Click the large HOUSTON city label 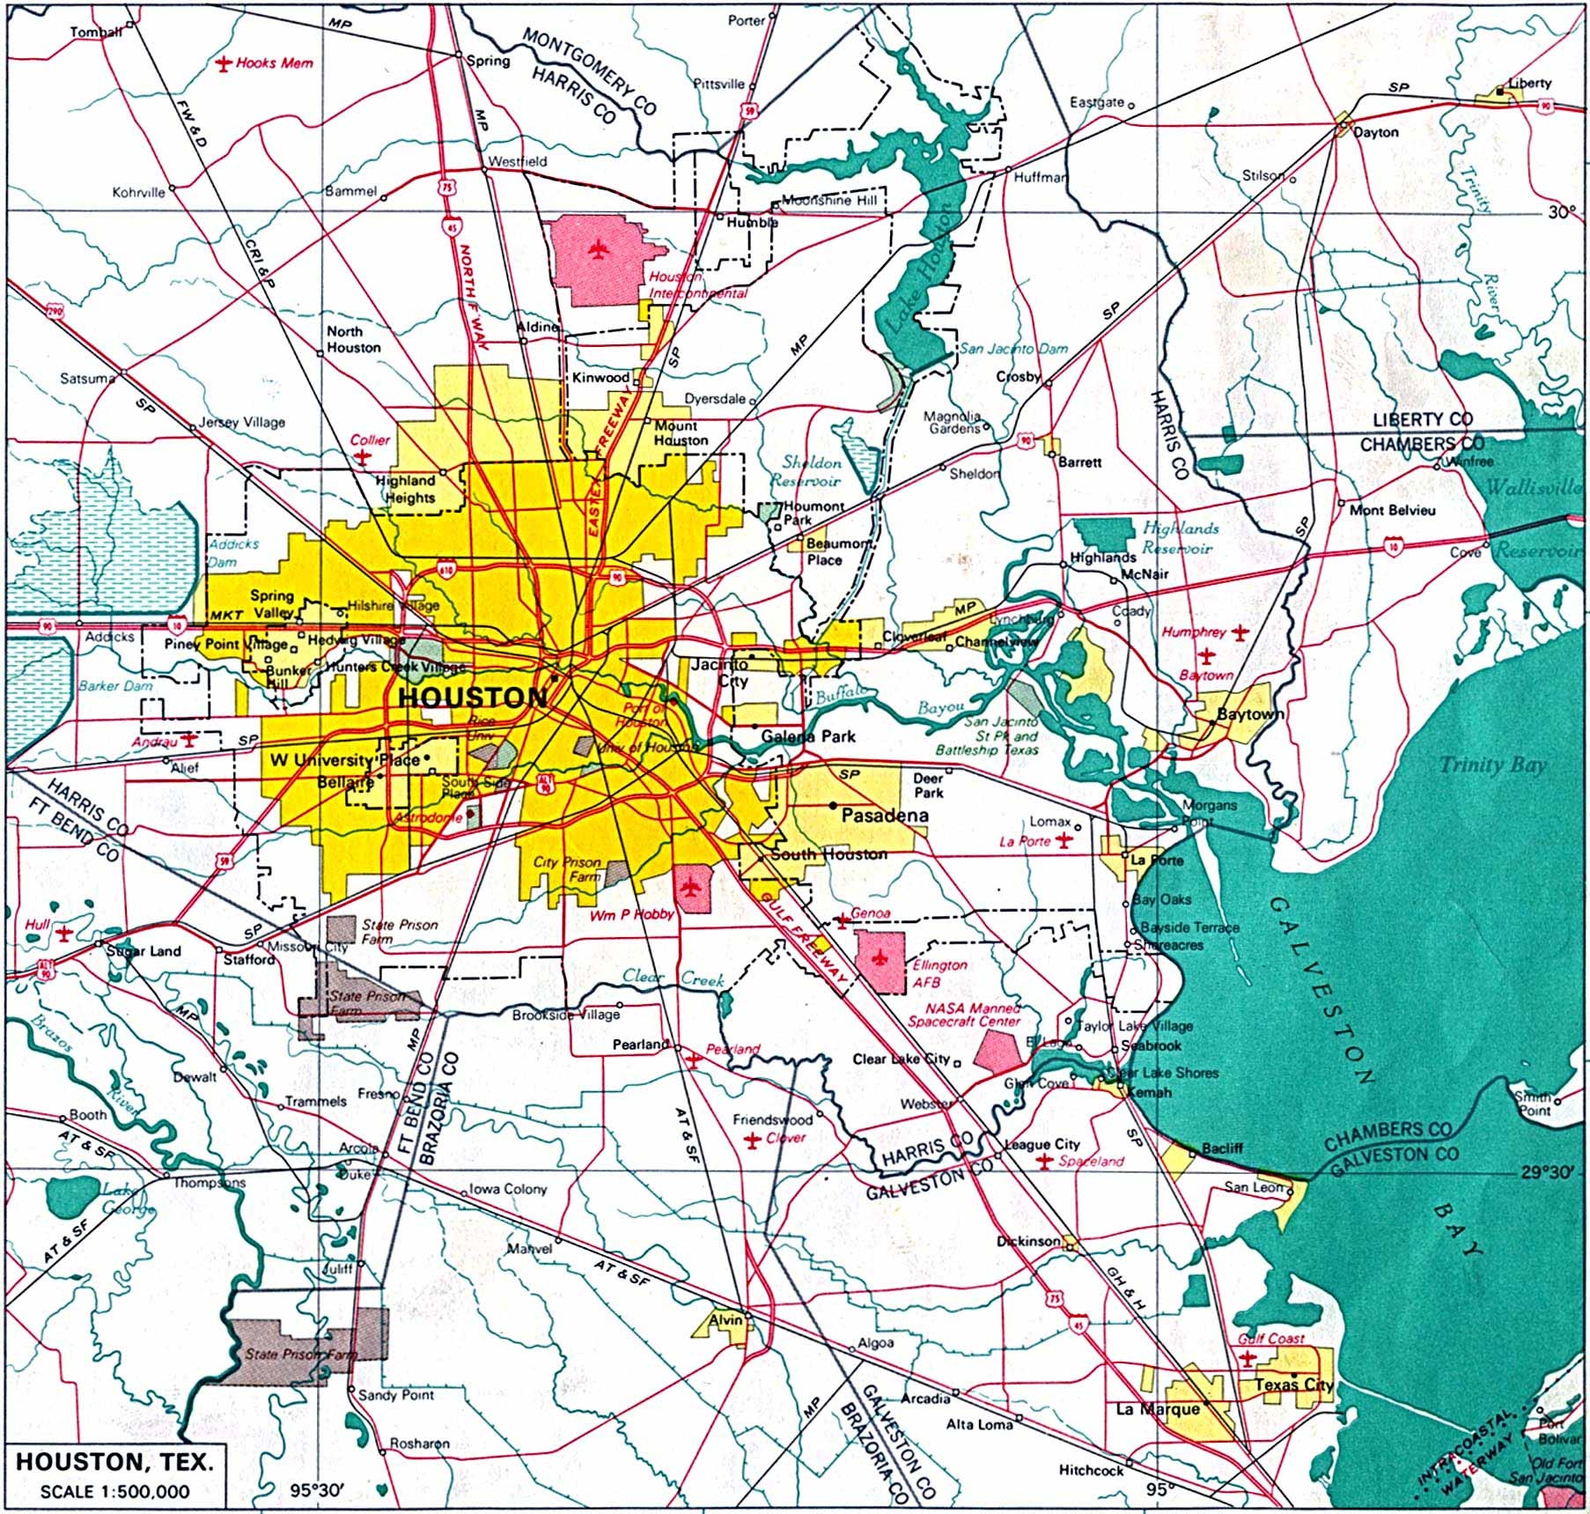pyautogui.click(x=473, y=698)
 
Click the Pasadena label pyautogui.click(x=884, y=816)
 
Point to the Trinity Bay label pyautogui.click(x=1491, y=764)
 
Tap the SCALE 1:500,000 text pyautogui.click(x=114, y=1491)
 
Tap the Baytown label pyautogui.click(x=1249, y=713)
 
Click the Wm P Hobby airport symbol pyautogui.click(x=689, y=888)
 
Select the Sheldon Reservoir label pyautogui.click(x=806, y=471)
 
